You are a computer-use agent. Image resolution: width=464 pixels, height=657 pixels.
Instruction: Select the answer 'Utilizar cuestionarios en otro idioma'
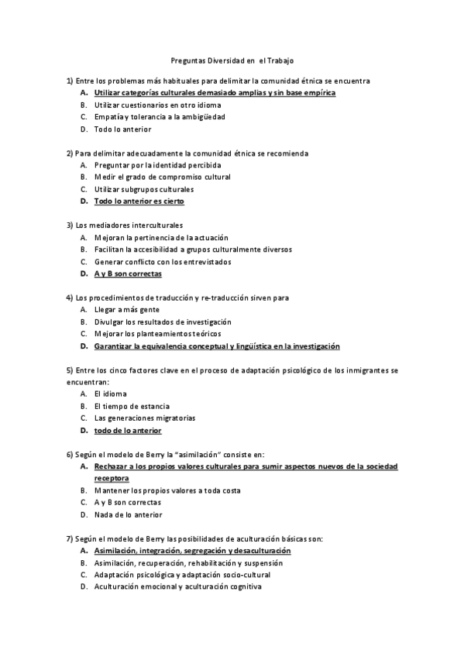(x=157, y=105)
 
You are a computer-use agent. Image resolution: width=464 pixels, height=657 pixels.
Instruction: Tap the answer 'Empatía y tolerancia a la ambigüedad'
(x=160, y=117)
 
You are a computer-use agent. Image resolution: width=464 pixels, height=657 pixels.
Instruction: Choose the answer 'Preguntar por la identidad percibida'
(x=157, y=165)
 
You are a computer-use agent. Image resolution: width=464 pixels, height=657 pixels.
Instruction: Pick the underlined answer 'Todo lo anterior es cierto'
(x=139, y=201)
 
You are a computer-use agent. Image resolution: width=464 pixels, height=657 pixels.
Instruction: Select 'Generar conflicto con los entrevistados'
(x=163, y=261)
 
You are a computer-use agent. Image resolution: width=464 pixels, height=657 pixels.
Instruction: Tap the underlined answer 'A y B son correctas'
(x=128, y=273)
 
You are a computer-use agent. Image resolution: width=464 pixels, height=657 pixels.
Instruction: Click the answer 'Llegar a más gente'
(x=127, y=310)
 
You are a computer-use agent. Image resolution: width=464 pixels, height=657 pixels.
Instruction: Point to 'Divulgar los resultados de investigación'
(x=163, y=322)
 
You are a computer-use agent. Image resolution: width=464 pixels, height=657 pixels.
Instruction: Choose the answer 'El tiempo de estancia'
(x=132, y=406)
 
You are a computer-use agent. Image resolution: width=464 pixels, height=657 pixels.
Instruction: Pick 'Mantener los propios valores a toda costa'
(x=167, y=490)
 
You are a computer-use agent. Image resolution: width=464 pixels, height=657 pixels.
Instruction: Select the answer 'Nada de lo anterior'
(x=129, y=514)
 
